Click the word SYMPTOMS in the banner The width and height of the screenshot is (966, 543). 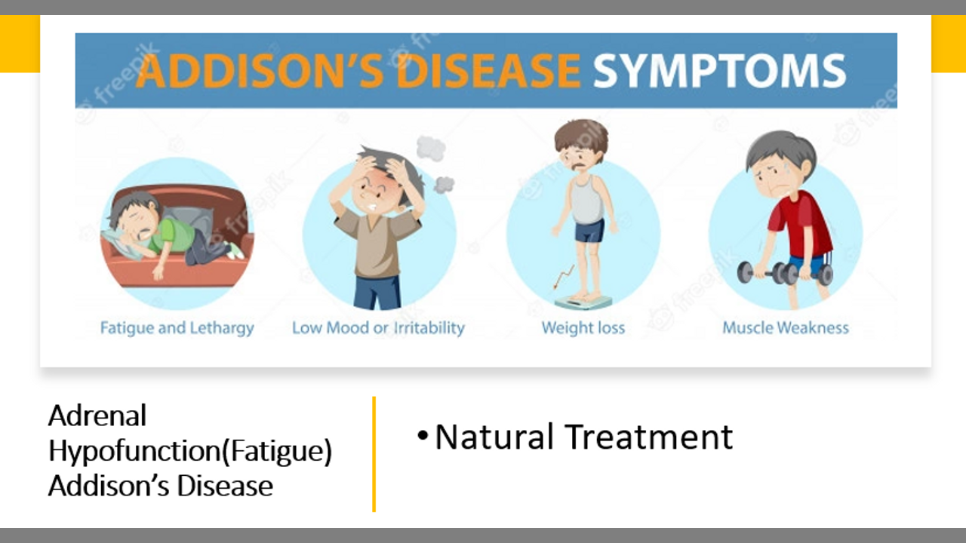click(x=719, y=71)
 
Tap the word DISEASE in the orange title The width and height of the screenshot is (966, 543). click(x=488, y=71)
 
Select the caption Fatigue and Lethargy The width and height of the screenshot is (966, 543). click(x=177, y=328)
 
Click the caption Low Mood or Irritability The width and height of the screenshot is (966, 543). click(x=378, y=328)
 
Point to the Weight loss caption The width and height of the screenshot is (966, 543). click(x=583, y=328)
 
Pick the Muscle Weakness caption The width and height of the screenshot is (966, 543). click(x=786, y=328)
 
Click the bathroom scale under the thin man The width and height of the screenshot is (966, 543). click(x=583, y=301)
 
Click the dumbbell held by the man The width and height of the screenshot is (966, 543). click(x=785, y=273)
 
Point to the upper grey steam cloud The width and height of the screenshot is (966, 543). click(x=430, y=149)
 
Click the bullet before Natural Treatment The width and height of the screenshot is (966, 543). click(x=423, y=436)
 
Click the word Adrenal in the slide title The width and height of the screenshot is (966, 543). click(x=97, y=416)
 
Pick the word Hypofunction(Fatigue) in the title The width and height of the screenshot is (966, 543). click(x=190, y=451)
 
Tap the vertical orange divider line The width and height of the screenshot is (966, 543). click(x=374, y=454)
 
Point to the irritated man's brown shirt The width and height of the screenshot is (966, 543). click(x=377, y=244)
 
